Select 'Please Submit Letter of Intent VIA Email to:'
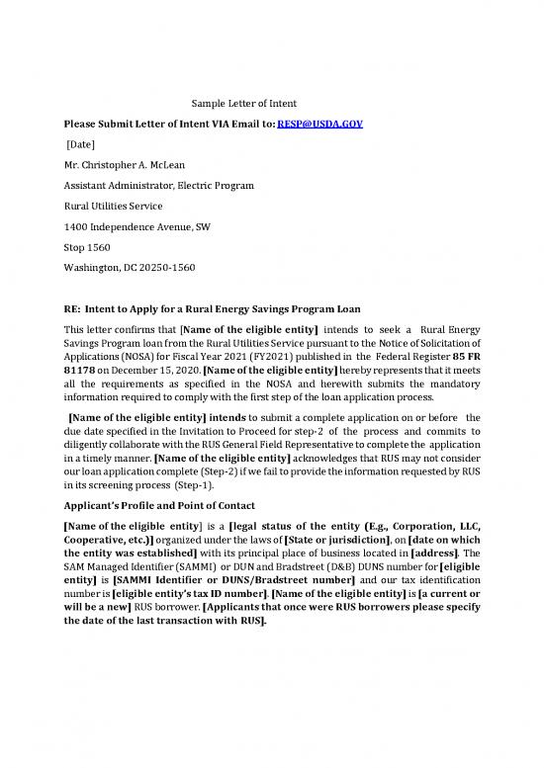[169, 125]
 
